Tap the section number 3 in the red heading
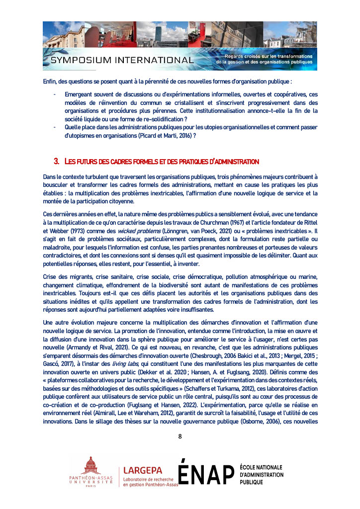56,162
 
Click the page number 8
180,436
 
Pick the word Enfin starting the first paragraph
50,82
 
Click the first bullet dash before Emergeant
54,94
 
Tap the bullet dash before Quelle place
54,127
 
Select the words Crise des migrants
67,276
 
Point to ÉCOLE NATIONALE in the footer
261,467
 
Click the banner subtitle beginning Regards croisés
266,59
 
